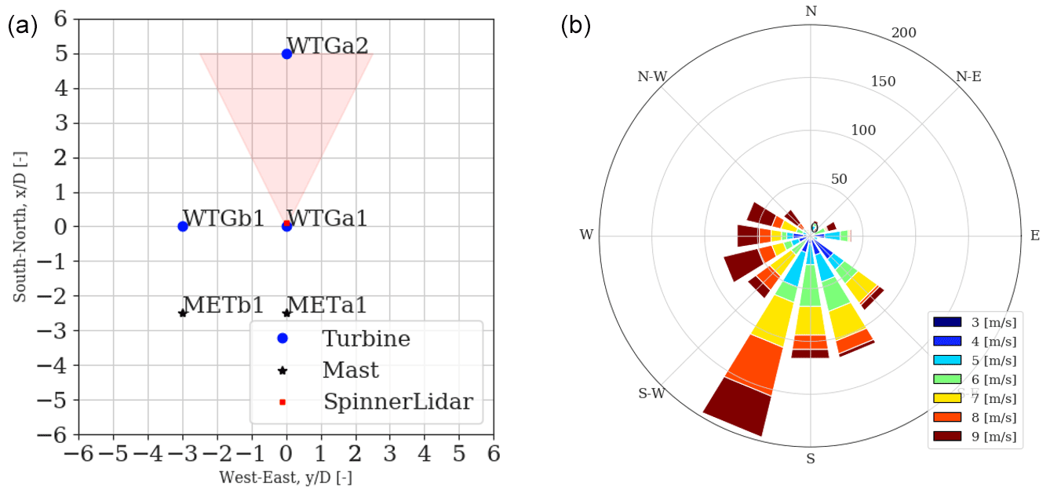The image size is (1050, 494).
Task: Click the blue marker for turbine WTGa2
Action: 286,53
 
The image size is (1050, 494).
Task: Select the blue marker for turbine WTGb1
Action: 183,226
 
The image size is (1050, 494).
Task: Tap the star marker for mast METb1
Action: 183,313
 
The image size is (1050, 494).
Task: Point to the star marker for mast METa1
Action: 286,313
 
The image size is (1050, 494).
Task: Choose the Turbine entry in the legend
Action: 366,338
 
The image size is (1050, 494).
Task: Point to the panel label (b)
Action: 574,25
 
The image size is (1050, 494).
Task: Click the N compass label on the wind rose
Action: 811,11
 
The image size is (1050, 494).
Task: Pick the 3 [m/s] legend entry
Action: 975,321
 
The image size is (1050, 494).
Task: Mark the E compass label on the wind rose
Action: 1035,235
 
